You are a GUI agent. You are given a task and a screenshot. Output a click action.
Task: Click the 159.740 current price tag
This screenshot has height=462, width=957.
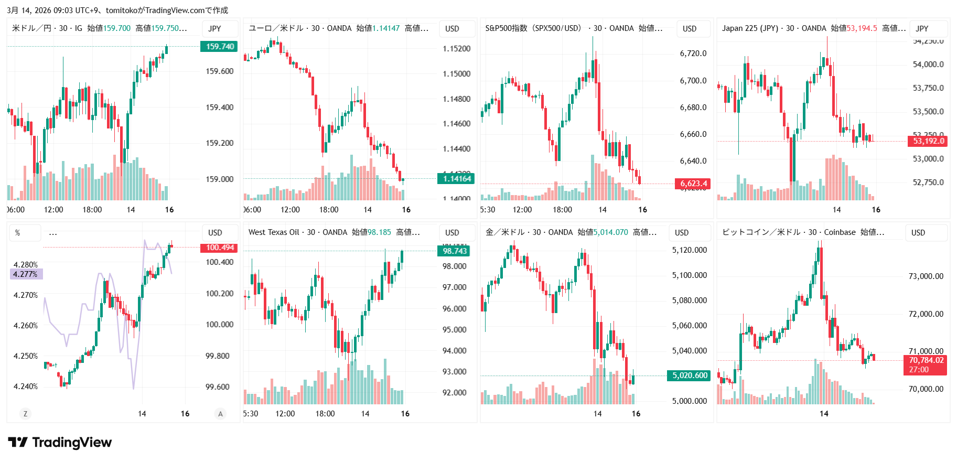pyautogui.click(x=219, y=47)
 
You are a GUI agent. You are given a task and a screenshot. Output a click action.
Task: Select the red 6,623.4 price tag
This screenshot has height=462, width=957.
pyautogui.click(x=693, y=184)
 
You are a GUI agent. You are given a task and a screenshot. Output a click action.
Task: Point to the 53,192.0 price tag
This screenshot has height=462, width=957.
pyautogui.click(x=927, y=141)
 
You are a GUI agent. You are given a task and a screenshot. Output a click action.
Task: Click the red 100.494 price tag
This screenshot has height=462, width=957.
pyautogui.click(x=219, y=248)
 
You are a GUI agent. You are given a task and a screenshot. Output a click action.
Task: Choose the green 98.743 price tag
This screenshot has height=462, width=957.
pyautogui.click(x=454, y=251)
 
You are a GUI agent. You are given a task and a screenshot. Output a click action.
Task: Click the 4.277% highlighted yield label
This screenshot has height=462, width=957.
pyautogui.click(x=26, y=274)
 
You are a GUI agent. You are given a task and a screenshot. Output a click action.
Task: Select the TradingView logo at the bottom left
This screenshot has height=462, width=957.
pyautogui.click(x=60, y=443)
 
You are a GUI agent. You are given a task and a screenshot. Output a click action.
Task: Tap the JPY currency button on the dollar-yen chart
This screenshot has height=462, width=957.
pyautogui.click(x=214, y=29)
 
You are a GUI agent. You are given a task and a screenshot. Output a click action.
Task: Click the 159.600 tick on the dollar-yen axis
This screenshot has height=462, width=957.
pyautogui.click(x=219, y=71)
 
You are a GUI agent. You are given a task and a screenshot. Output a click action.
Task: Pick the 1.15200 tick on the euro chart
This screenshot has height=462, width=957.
pyautogui.click(x=456, y=49)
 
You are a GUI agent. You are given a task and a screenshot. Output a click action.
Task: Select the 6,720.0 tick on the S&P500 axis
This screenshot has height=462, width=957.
pyautogui.click(x=693, y=53)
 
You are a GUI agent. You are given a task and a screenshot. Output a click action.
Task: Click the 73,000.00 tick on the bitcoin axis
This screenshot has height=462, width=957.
pyautogui.click(x=926, y=276)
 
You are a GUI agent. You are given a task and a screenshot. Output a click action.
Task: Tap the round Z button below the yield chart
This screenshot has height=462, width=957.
pyautogui.click(x=25, y=414)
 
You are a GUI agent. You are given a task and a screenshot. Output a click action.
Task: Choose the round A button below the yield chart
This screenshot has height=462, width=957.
pyautogui.click(x=220, y=414)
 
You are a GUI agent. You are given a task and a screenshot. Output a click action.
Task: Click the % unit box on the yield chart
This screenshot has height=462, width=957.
pyautogui.click(x=18, y=233)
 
